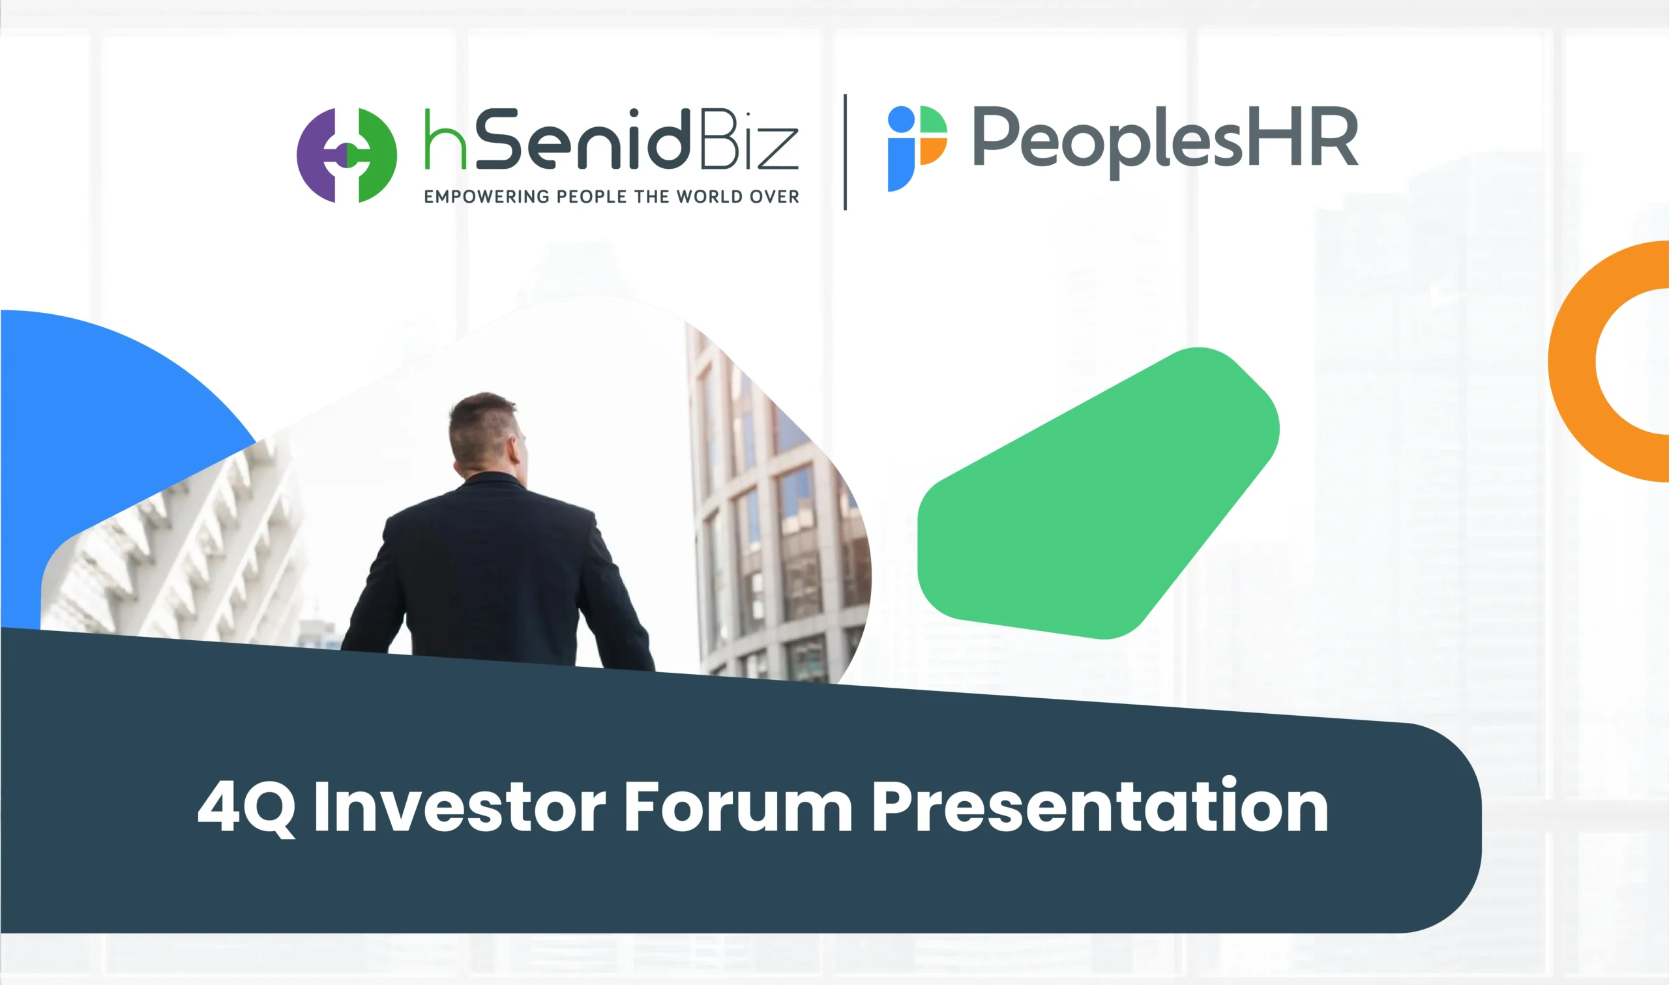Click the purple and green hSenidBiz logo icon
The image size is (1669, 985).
(x=346, y=155)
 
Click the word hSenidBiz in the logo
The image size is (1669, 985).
(x=611, y=139)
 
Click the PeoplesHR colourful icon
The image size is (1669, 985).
(x=917, y=149)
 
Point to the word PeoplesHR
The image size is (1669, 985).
(x=1165, y=141)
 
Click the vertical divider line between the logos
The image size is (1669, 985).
(x=845, y=152)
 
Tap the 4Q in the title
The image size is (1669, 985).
(x=246, y=808)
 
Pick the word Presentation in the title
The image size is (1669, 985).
(x=1100, y=804)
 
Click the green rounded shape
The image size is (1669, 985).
(x=1099, y=493)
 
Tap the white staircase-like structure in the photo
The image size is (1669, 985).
(x=179, y=551)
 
